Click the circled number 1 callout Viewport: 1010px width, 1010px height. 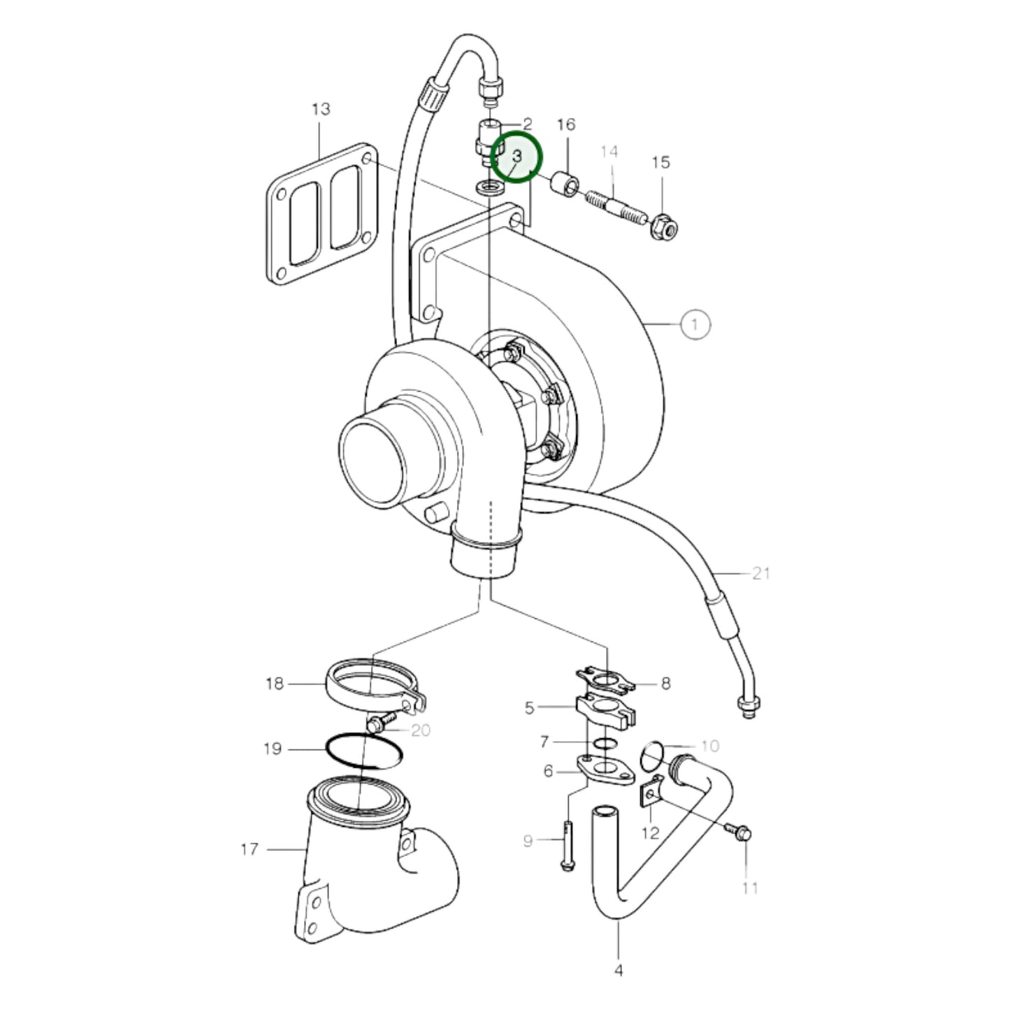(694, 324)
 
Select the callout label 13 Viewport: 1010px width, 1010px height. (321, 109)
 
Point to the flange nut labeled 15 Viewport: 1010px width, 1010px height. (662, 226)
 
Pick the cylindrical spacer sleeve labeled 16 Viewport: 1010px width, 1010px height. (565, 185)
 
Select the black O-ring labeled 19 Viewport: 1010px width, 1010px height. (364, 752)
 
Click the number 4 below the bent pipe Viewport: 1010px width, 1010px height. (619, 969)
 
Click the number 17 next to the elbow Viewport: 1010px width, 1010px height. (250, 849)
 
